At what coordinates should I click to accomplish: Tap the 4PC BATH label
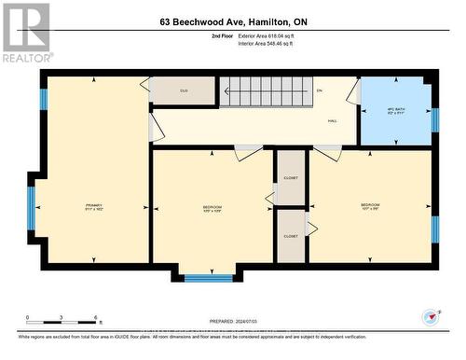[x=396, y=110]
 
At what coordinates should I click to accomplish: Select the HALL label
[x=332, y=120]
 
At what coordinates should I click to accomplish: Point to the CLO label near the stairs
[x=184, y=90]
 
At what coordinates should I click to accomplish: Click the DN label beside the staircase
[x=320, y=90]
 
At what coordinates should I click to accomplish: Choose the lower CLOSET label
[x=291, y=236]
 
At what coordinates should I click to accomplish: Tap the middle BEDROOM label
[x=212, y=207]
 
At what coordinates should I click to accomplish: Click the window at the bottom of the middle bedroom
[x=209, y=277]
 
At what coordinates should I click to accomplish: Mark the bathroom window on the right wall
[x=434, y=119]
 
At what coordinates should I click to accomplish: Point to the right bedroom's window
[x=434, y=229]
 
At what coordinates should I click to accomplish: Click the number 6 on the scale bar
[x=95, y=317]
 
